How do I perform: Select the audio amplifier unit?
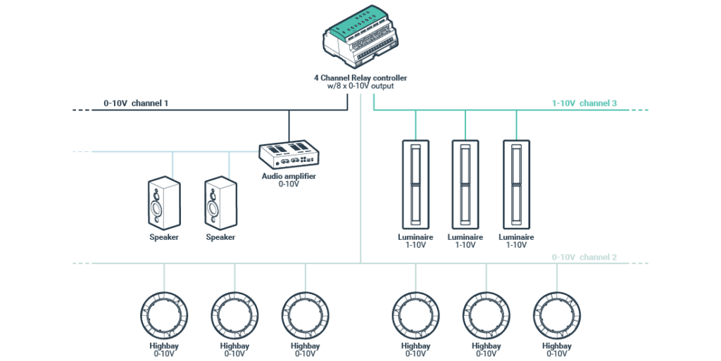click(289, 154)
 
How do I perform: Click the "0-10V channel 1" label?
click(136, 103)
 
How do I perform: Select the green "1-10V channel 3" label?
click(584, 103)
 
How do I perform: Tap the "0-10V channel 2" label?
click(584, 258)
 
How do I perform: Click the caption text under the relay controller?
click(360, 81)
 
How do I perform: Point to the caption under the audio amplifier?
click(289, 180)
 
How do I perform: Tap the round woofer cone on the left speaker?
click(156, 210)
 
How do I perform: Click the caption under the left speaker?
click(163, 237)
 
